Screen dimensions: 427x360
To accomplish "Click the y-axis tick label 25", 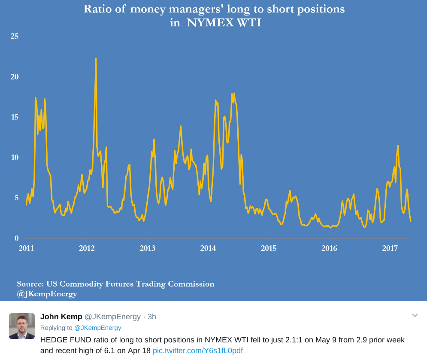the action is [x=15, y=36].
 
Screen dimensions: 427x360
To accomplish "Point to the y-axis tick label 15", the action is [x=15, y=117].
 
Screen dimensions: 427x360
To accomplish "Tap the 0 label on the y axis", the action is [x=17, y=238].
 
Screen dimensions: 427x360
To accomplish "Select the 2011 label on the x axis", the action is [x=26, y=248].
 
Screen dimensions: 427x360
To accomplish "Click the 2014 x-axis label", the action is [x=208, y=248].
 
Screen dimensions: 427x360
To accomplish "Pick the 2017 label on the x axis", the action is [x=390, y=248].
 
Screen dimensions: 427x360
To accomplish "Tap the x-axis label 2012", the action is [x=87, y=248].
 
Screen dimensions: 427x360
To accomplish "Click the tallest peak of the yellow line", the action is [x=96, y=58].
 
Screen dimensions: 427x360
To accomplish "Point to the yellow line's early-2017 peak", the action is [x=398, y=146].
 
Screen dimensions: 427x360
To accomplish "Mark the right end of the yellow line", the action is [x=411, y=221].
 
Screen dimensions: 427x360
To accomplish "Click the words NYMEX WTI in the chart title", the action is [x=224, y=22].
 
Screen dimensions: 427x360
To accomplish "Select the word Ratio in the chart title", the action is [x=97, y=9].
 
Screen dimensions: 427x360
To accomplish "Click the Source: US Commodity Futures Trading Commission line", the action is [x=115, y=284].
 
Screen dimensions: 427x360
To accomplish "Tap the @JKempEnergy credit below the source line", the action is [x=47, y=294].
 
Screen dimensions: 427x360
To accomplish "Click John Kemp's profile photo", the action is [x=22, y=326].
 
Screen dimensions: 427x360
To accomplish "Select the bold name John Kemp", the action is [x=61, y=317].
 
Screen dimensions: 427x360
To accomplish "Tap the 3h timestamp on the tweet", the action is [x=151, y=317].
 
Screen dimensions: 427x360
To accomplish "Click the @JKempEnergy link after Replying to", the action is [x=98, y=328].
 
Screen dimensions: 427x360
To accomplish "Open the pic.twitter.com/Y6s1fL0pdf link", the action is [x=198, y=351].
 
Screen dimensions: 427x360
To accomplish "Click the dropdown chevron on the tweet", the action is [x=415, y=316].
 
